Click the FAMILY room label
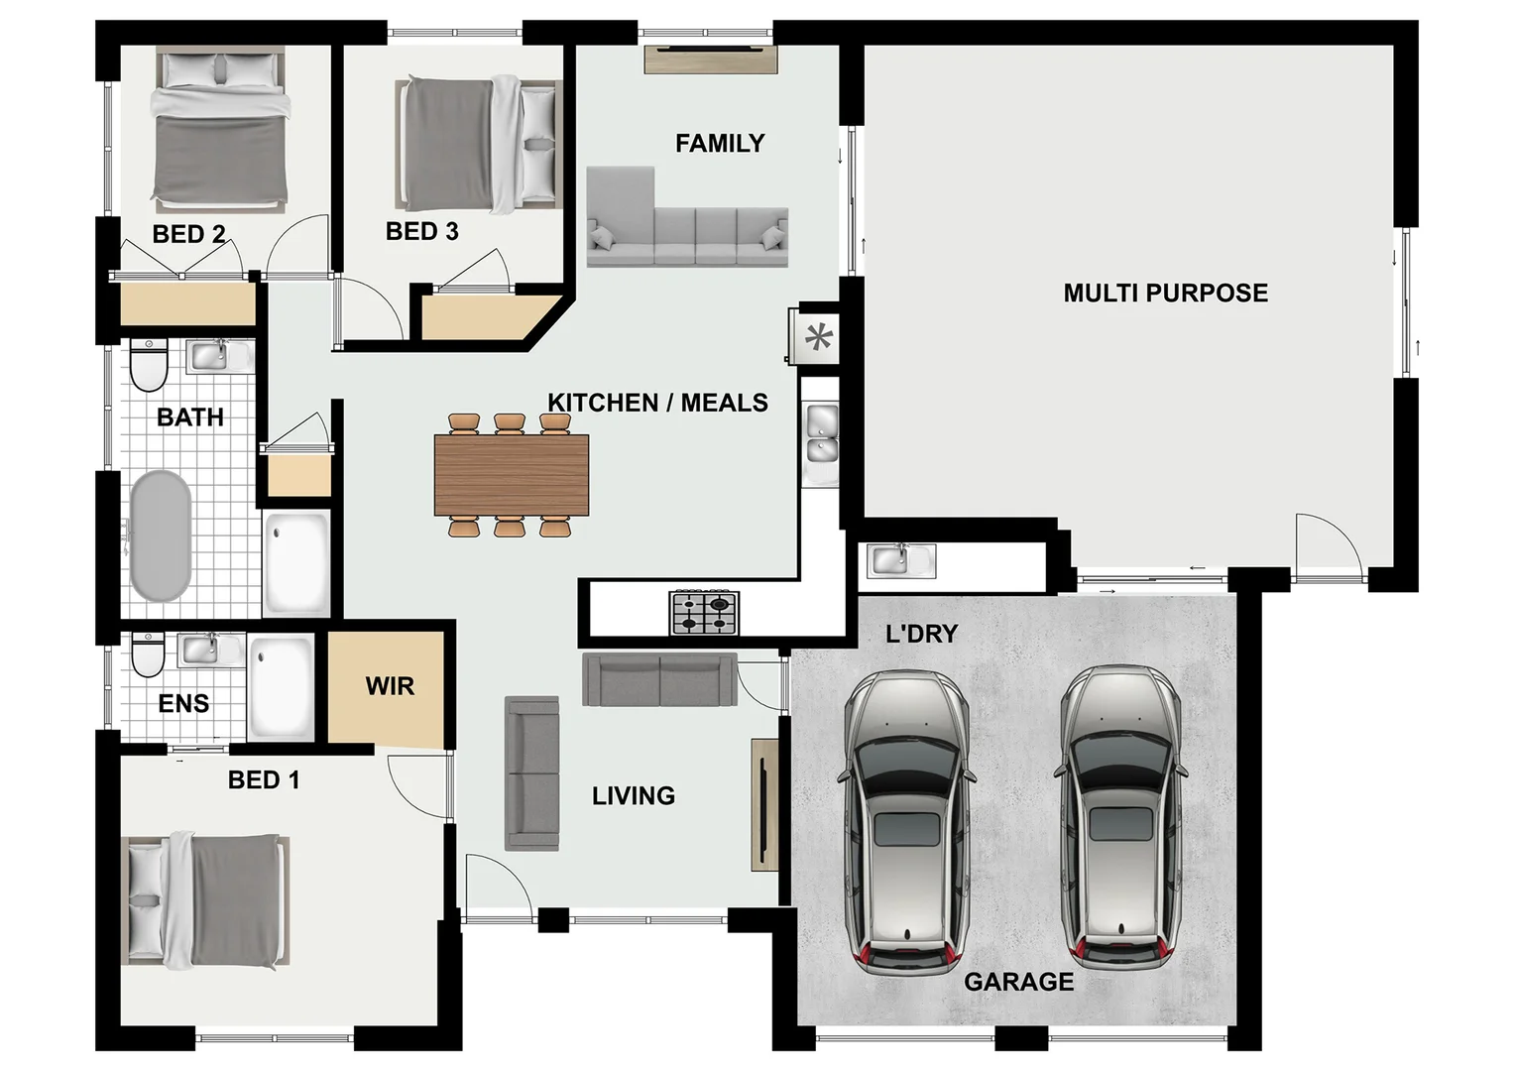[x=720, y=144]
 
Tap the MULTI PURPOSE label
[x=1165, y=294]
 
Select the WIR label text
[x=390, y=686]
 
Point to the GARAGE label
[x=1018, y=982]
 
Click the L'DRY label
[x=921, y=634]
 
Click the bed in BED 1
[x=206, y=900]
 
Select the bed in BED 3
[x=479, y=145]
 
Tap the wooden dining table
[x=512, y=475]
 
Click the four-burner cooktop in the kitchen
[x=705, y=612]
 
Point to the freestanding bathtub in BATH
[x=161, y=535]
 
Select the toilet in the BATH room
[x=150, y=365]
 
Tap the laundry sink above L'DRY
[x=900, y=560]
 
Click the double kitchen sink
[x=821, y=434]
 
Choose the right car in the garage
[x=1120, y=819]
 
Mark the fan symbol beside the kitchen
[x=818, y=338]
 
